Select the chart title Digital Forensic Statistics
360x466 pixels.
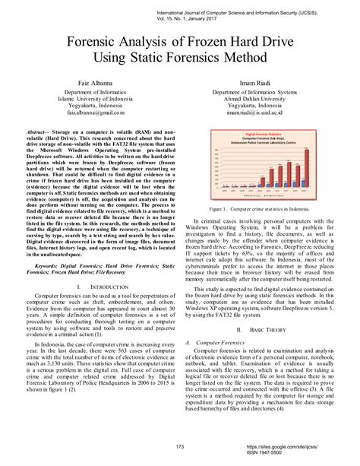265,132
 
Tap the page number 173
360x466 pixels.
180,446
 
